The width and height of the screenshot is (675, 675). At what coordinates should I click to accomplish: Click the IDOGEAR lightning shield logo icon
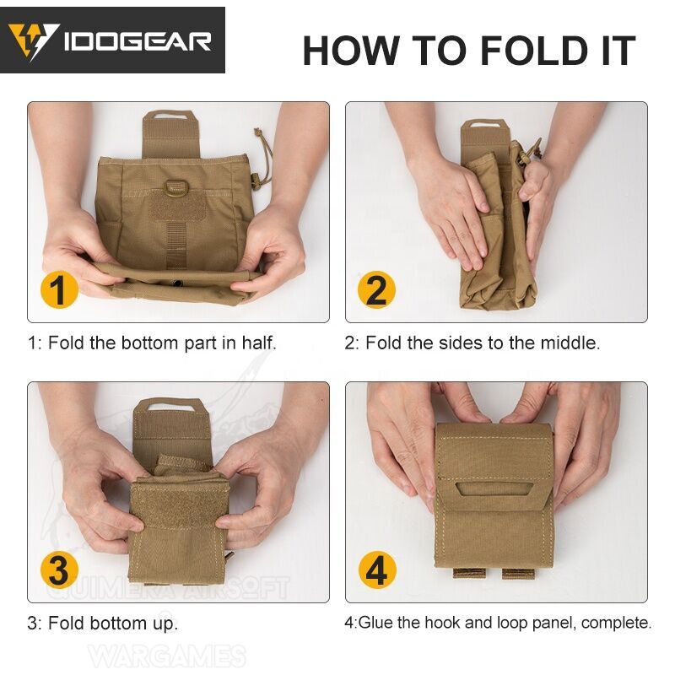33,41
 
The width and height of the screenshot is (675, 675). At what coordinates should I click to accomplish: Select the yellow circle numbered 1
58,290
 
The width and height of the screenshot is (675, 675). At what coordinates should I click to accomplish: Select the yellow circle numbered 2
376,290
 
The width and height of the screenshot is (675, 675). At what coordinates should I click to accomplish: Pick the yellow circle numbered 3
58,570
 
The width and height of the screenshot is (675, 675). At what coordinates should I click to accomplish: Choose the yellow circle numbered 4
376,570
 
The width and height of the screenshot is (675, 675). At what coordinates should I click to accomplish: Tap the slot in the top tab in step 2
483,127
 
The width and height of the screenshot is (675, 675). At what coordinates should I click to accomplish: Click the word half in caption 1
258,343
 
